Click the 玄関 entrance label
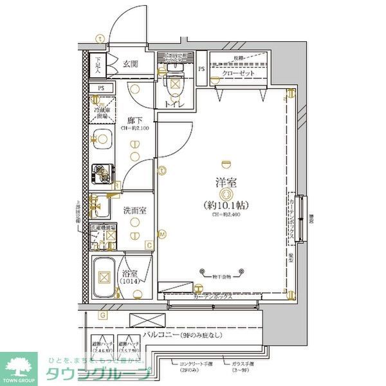pos(131,63)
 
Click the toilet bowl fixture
pos(174,82)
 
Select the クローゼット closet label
pos(241,75)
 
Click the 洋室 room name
pos(225,182)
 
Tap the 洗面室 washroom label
pos(134,210)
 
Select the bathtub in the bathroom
pos(102,278)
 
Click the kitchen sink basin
pos(101,138)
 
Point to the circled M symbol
pos(163,234)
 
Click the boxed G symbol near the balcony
pos(103,315)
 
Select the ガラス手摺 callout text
pos(243,364)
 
